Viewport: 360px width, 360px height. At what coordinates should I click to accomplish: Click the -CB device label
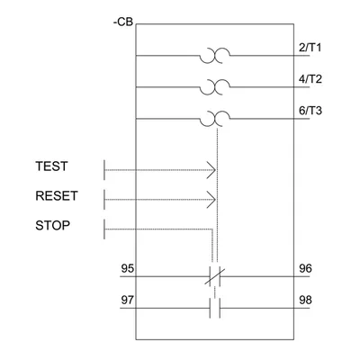[x=123, y=22]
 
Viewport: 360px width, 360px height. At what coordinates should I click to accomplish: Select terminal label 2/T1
[x=310, y=48]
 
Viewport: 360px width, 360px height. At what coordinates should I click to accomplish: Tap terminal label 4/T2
[x=310, y=79]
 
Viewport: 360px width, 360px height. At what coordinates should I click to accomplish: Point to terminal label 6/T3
[x=310, y=111]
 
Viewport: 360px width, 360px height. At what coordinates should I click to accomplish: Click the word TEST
[x=51, y=166]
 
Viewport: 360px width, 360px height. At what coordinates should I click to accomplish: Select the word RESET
[x=57, y=196]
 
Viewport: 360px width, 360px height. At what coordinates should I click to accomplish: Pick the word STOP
[x=52, y=225]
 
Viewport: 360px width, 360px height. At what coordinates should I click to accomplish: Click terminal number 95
[x=128, y=268]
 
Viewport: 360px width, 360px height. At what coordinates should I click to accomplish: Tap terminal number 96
[x=305, y=268]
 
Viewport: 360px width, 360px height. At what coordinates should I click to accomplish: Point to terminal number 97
[x=128, y=300]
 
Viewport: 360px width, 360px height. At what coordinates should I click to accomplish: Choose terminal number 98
[x=305, y=300]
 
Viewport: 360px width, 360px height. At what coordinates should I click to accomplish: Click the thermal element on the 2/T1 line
[x=215, y=56]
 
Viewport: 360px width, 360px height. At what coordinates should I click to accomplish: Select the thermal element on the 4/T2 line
[x=215, y=87]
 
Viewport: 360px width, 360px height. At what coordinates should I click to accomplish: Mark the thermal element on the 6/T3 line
[x=215, y=119]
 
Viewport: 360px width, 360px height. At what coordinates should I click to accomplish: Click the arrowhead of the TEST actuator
[x=211, y=170]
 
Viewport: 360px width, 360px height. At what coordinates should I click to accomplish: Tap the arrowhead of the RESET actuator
[x=211, y=200]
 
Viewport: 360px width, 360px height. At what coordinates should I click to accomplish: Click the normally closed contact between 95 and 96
[x=215, y=276]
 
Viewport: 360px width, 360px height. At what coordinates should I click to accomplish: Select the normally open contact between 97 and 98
[x=215, y=308]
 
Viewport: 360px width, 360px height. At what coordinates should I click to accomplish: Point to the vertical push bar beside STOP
[x=104, y=229]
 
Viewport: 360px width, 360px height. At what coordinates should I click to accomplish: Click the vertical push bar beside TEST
[x=104, y=170]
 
